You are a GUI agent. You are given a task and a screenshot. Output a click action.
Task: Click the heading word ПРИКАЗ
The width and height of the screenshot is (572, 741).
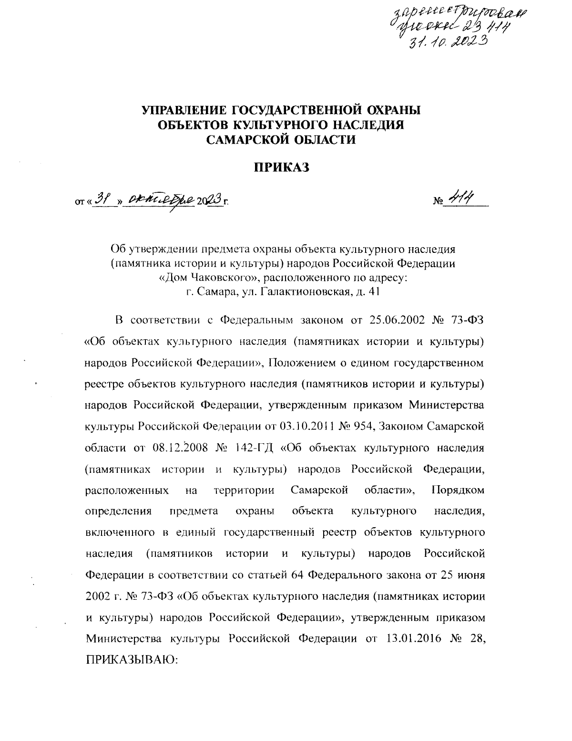click(x=281, y=167)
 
